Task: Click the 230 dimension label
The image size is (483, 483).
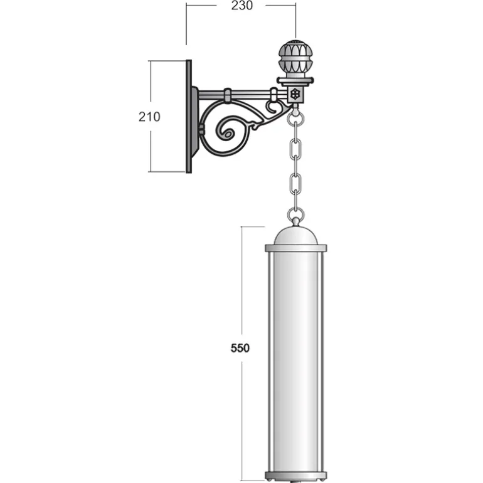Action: click(242, 5)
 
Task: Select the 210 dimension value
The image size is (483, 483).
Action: click(149, 117)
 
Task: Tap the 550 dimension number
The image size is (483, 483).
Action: click(240, 348)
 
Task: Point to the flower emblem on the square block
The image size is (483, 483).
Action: click(295, 94)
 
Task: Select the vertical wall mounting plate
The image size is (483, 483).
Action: click(189, 116)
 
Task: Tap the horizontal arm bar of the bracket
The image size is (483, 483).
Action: click(243, 95)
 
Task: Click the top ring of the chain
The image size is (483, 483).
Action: click(295, 118)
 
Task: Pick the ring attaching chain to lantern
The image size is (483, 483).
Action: click(295, 215)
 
